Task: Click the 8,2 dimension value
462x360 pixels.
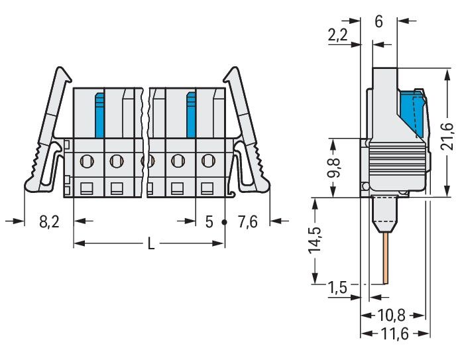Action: pyautogui.click(x=49, y=221)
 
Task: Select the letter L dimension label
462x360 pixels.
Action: pyautogui.click(x=151, y=244)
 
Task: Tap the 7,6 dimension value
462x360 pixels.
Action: pyautogui.click(x=248, y=221)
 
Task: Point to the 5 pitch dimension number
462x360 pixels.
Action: pyautogui.click(x=209, y=222)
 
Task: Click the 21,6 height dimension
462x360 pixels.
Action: pyautogui.click(x=447, y=137)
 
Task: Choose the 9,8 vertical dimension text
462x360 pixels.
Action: pyautogui.click(x=333, y=168)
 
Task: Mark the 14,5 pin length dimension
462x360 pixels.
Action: pyautogui.click(x=314, y=240)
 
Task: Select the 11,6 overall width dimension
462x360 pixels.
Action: pyautogui.click(x=395, y=334)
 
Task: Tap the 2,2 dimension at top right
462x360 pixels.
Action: pyautogui.click(x=337, y=34)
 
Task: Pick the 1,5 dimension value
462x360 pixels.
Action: pyautogui.click(x=337, y=287)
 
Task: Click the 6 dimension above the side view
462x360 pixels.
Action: pyautogui.click(x=378, y=21)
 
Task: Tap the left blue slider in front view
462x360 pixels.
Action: pyautogui.click(x=99, y=115)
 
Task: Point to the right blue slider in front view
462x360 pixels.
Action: pyautogui.click(x=191, y=115)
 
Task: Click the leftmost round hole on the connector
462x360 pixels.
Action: pyautogui.click(x=87, y=161)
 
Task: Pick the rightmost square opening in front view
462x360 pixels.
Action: pyautogui.click(x=207, y=188)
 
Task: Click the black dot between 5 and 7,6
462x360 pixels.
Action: pyautogui.click(x=224, y=222)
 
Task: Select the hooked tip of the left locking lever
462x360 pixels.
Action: pyautogui.click(x=64, y=74)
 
